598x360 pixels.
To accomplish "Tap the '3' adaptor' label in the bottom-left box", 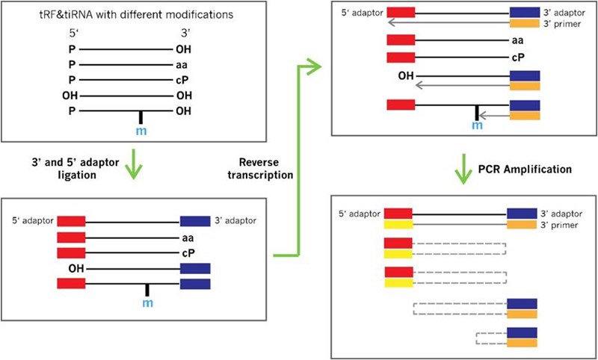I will point(237,220).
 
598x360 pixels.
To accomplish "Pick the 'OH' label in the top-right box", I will point(406,75).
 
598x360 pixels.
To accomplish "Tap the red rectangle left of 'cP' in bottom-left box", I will point(71,252).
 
